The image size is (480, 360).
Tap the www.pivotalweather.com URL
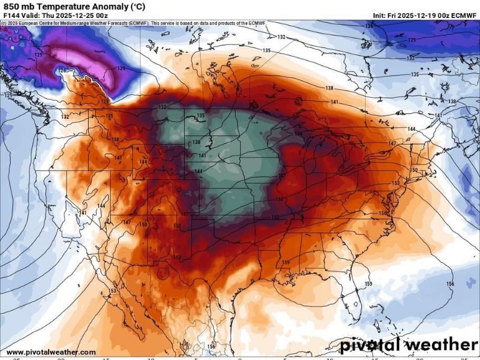click(51, 352)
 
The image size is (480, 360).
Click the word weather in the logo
click(445, 345)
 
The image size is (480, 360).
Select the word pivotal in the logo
click(373, 345)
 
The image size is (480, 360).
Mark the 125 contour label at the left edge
click(7, 95)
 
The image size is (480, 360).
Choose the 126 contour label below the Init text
click(369, 26)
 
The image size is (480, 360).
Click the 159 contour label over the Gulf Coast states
click(286, 263)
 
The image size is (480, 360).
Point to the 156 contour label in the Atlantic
click(450, 283)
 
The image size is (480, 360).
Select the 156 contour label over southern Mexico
click(211, 347)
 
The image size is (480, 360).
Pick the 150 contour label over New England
click(413, 170)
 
